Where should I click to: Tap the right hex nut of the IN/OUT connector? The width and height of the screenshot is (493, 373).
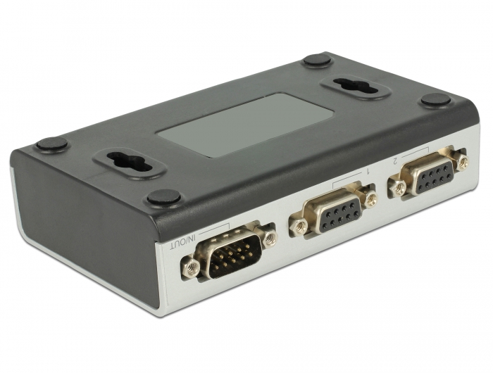(x=270, y=237)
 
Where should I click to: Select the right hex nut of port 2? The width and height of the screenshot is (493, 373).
(x=462, y=163)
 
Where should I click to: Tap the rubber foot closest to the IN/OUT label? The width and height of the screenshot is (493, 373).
(x=163, y=198)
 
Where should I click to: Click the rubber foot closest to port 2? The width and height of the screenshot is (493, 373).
(x=435, y=101)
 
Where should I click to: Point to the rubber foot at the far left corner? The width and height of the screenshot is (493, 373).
(x=51, y=144)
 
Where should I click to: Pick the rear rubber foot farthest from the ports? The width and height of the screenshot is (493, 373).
(x=317, y=60)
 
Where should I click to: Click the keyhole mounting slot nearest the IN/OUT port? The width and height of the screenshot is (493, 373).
(x=129, y=164)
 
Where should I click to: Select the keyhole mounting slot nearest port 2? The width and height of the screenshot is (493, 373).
(x=356, y=87)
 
